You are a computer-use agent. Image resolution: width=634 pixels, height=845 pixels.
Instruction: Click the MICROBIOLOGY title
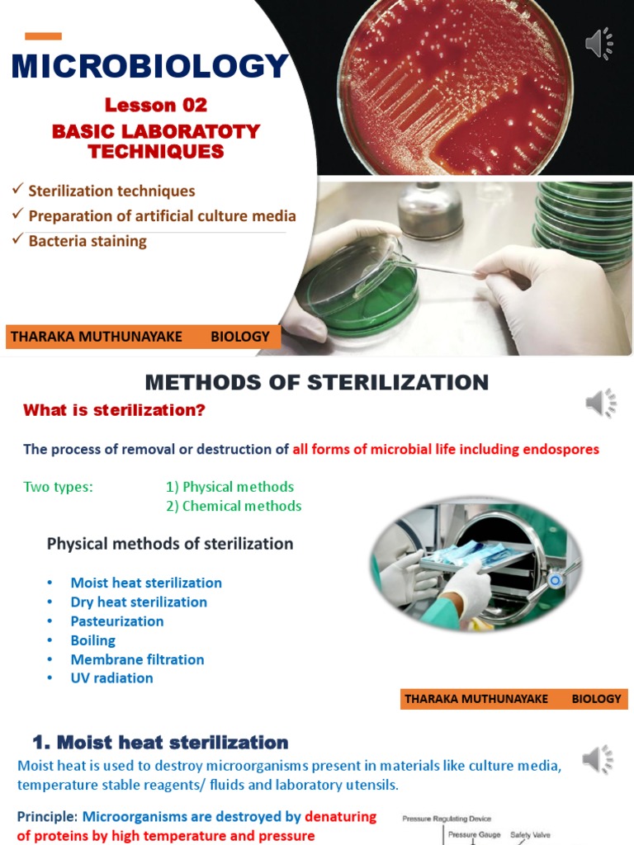(150, 67)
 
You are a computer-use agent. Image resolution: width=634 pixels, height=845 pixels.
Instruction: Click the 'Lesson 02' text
(155, 105)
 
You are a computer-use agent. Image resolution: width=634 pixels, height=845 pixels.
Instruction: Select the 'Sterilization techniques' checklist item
(111, 191)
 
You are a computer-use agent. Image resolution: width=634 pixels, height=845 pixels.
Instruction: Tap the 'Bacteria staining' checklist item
(88, 241)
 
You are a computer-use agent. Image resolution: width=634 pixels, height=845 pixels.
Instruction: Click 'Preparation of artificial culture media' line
(162, 216)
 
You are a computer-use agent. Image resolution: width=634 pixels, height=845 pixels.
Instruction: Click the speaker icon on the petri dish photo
(599, 44)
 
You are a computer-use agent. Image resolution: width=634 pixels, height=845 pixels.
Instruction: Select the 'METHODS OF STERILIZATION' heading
(317, 382)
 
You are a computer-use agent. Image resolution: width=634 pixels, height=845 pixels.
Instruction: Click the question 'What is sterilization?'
(114, 410)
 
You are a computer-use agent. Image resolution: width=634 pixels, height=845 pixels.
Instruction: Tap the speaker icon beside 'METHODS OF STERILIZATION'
(601, 403)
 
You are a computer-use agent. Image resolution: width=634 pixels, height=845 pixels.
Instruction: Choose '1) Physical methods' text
(229, 487)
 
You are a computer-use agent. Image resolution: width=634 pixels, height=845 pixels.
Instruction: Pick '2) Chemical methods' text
(234, 506)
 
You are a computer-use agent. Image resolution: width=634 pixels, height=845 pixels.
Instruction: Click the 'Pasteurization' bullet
(117, 621)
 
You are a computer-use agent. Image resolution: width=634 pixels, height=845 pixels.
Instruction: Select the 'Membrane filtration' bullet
(137, 659)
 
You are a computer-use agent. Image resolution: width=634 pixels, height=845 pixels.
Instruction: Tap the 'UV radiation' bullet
(111, 678)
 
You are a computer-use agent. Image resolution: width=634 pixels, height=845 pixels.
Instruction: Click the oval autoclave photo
(475, 564)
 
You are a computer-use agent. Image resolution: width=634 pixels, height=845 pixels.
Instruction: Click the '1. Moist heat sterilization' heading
(160, 743)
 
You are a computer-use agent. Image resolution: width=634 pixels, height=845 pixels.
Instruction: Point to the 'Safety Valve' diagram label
(530, 835)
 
